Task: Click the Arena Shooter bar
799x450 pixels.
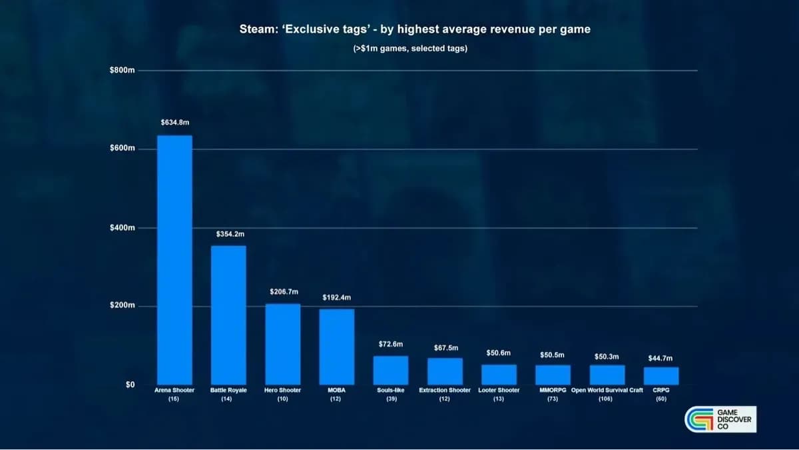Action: (x=174, y=260)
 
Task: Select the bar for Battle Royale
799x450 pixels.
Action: (x=228, y=315)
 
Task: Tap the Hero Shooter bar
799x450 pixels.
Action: (x=282, y=344)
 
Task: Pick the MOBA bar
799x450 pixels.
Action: (x=336, y=347)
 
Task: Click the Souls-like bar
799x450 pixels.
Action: (x=390, y=370)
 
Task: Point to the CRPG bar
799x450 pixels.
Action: (x=661, y=376)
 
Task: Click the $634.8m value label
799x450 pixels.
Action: (x=174, y=123)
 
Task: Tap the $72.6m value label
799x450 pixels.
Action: (x=390, y=345)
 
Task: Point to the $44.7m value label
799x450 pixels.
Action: (x=661, y=359)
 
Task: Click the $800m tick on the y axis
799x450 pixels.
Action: (x=123, y=71)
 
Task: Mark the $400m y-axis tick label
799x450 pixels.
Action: (x=123, y=228)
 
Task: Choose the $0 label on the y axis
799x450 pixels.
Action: (x=130, y=385)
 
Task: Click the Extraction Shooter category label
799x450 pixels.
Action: (x=445, y=390)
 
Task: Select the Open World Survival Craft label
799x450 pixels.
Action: (x=607, y=390)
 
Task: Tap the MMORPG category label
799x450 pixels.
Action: (x=553, y=390)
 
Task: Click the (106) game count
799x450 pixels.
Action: (x=605, y=399)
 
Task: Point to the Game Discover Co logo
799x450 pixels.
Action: (x=720, y=419)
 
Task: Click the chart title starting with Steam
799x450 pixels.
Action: (x=415, y=30)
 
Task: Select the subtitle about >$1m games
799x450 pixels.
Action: (x=410, y=49)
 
